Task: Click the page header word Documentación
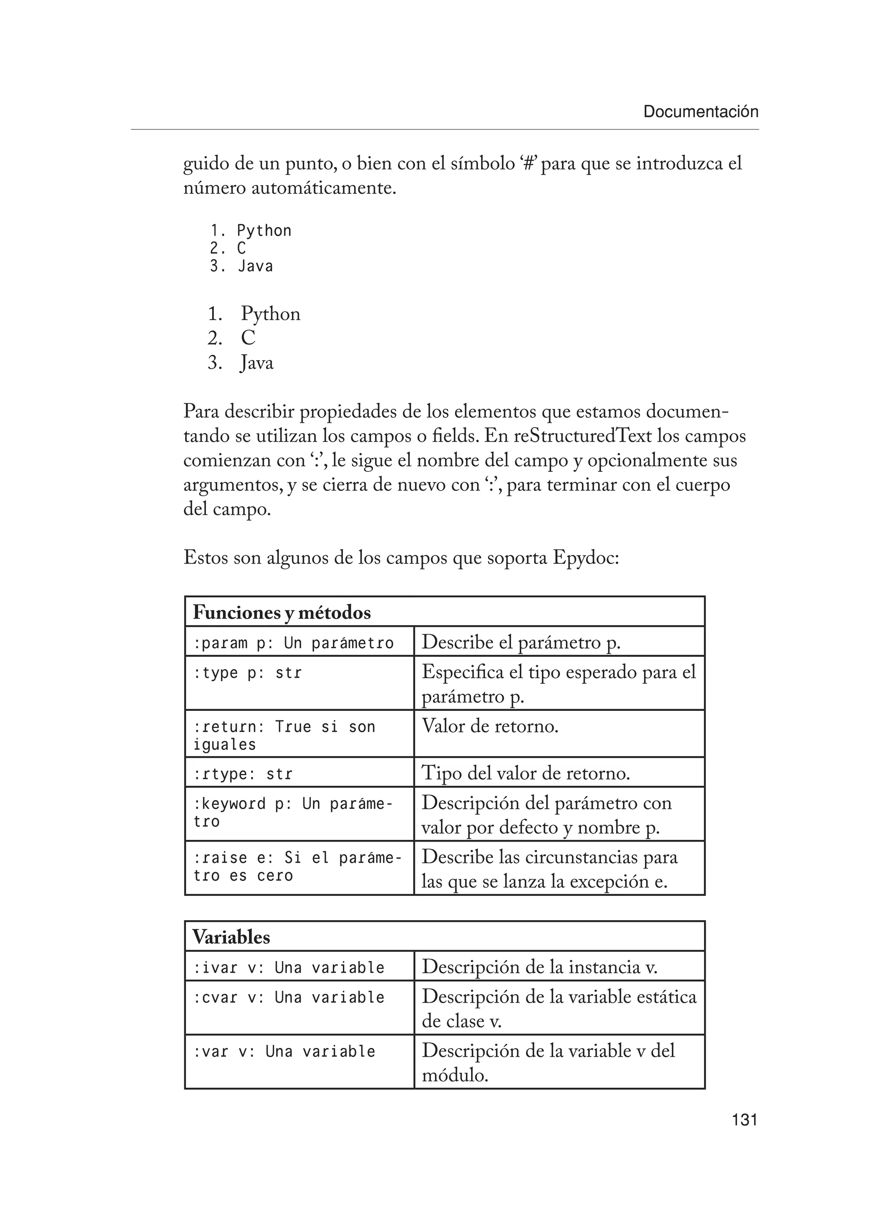(x=700, y=112)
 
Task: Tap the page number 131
(x=744, y=1119)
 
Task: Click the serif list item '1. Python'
(x=254, y=313)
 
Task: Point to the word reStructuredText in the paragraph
(x=583, y=436)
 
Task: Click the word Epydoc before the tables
(x=585, y=557)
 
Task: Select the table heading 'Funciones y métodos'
(x=282, y=613)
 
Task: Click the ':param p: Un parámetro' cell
(x=293, y=643)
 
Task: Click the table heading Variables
(x=231, y=937)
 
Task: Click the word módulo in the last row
(x=455, y=1075)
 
